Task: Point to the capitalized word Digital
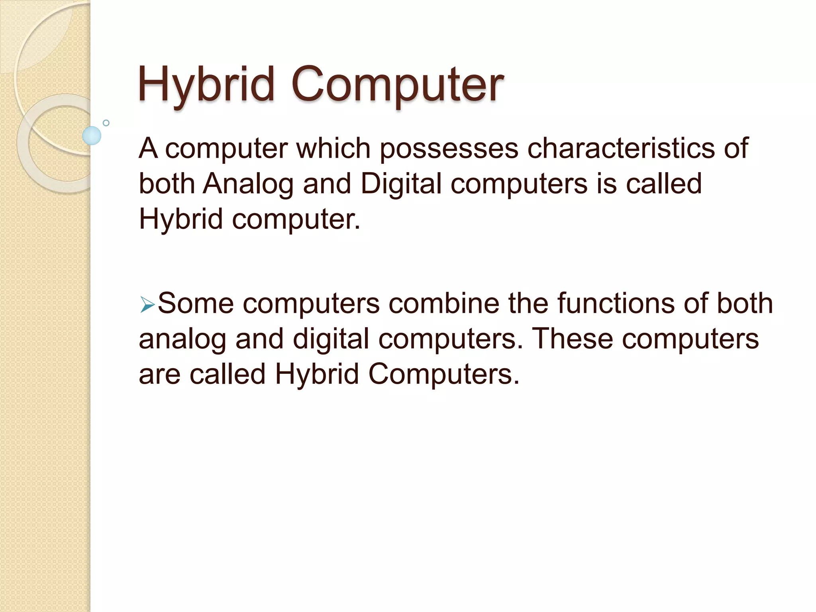(401, 184)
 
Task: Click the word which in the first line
(333, 148)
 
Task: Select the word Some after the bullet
(196, 304)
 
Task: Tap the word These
(573, 339)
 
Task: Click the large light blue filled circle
(92, 135)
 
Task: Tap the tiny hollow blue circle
(106, 123)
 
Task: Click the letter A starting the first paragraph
(148, 148)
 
